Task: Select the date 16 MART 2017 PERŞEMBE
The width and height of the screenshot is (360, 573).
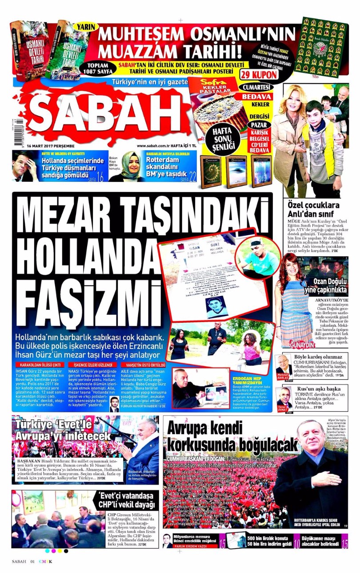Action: click(x=51, y=146)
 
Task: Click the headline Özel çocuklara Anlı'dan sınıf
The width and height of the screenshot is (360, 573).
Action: click(x=313, y=209)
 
